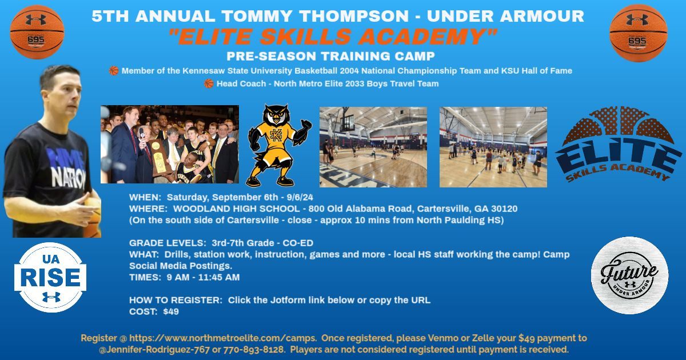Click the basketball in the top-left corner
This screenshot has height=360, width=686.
coord(37,32)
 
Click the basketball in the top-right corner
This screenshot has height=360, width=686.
coord(639,33)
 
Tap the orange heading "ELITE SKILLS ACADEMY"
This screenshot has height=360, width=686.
coord(333,37)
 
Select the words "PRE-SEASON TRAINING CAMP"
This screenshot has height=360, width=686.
coord(331,57)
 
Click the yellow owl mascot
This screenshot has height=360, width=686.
coord(278,146)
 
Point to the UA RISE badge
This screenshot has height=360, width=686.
coord(50,277)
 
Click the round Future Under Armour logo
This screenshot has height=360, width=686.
coord(629,275)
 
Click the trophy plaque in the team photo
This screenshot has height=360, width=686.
coord(158,158)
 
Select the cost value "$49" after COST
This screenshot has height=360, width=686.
coord(171,311)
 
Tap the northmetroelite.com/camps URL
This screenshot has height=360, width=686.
coord(222,338)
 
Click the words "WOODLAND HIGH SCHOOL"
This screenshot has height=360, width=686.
coord(237,209)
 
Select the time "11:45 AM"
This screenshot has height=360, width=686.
coord(219,277)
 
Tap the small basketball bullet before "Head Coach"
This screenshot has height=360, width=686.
coord(209,83)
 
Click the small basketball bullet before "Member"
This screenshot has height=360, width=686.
coord(114,71)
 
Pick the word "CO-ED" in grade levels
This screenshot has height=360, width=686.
coord(298,243)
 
